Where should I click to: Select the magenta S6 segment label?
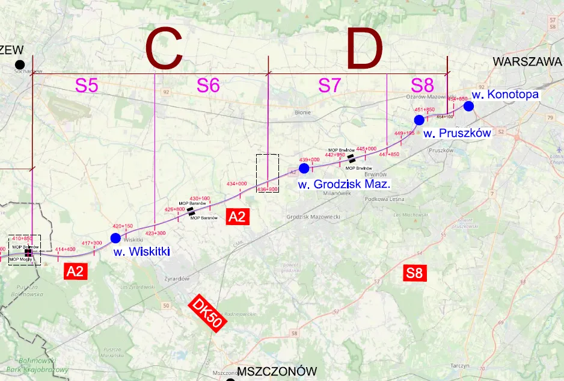click(208, 85)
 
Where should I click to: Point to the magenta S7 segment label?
click(330, 85)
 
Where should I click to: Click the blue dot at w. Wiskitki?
click(115, 238)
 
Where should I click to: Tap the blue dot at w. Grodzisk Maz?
click(304, 167)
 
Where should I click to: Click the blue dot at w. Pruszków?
click(419, 120)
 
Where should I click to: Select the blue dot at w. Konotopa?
click(468, 106)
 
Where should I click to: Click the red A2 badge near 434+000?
click(238, 217)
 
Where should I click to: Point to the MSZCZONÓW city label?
click(277, 371)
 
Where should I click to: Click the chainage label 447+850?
click(388, 155)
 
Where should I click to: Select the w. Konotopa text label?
click(505, 94)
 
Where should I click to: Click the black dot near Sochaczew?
click(20, 64)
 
